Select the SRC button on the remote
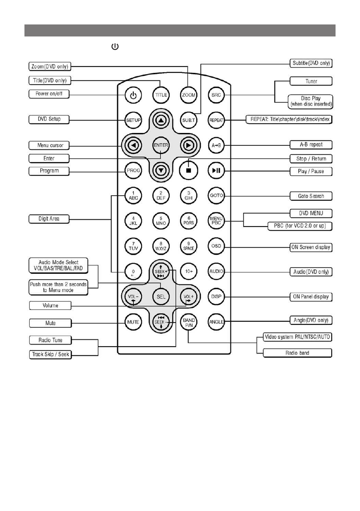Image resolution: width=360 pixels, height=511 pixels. click(215, 95)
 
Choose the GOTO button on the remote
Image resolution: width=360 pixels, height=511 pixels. click(215, 196)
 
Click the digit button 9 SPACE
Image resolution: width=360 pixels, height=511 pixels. click(188, 246)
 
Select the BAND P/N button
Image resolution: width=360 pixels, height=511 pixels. click(188, 321)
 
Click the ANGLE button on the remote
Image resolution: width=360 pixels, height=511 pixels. click(215, 321)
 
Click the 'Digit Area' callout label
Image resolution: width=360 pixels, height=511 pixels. click(48, 219)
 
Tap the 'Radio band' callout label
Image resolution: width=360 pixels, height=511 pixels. click(297, 353)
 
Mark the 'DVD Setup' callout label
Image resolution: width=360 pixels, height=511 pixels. click(48, 119)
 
